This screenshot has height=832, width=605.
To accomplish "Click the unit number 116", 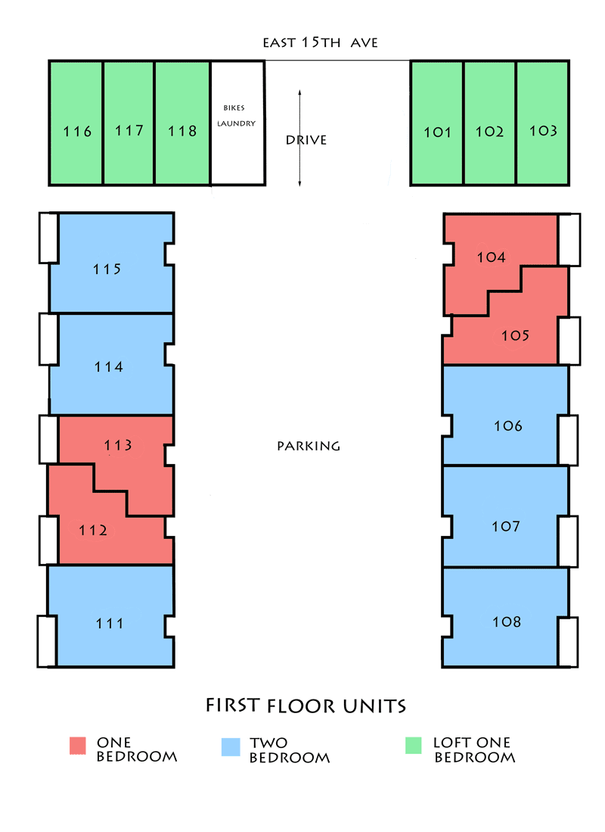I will point(77,132).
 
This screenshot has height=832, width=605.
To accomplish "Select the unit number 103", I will point(543,131).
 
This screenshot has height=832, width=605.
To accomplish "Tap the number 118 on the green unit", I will point(182,131).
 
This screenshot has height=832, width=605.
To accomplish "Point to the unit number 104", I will point(491,257).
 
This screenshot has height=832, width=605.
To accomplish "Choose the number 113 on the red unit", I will point(118,445).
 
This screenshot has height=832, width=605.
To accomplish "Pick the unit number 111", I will point(110,624).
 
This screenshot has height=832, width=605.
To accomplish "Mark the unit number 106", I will point(507,426).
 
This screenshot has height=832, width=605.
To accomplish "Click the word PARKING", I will point(309,446).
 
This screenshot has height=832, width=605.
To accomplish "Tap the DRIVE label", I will point(306,140).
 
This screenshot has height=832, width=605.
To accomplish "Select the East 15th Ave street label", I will point(320,43).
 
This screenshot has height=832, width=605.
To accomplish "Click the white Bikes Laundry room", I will point(237,123).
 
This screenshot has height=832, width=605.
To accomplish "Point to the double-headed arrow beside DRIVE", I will point(300,138).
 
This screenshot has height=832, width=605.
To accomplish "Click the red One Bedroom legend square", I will point(79,746).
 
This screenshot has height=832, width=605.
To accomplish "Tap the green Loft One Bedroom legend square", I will point(414,746).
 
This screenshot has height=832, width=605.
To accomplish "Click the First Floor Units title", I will point(306,706).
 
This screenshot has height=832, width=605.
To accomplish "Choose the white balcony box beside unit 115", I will point(47,238).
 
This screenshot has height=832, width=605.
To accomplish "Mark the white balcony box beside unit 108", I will point(568,641).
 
